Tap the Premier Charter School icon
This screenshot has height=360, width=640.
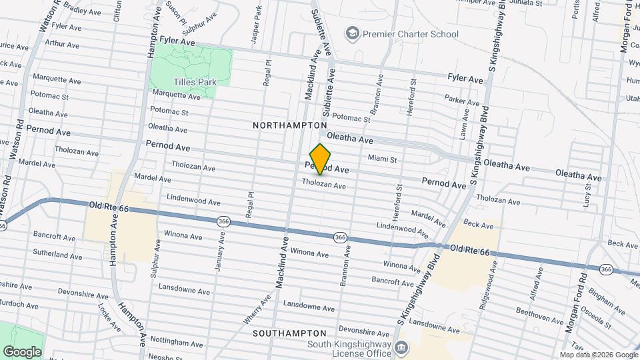[351, 33]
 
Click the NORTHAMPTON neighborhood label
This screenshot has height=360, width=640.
[290, 125]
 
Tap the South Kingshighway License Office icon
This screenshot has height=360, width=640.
[401, 347]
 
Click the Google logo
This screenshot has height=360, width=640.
[22, 351]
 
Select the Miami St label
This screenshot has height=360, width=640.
[383, 159]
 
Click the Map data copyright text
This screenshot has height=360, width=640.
[597, 355]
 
